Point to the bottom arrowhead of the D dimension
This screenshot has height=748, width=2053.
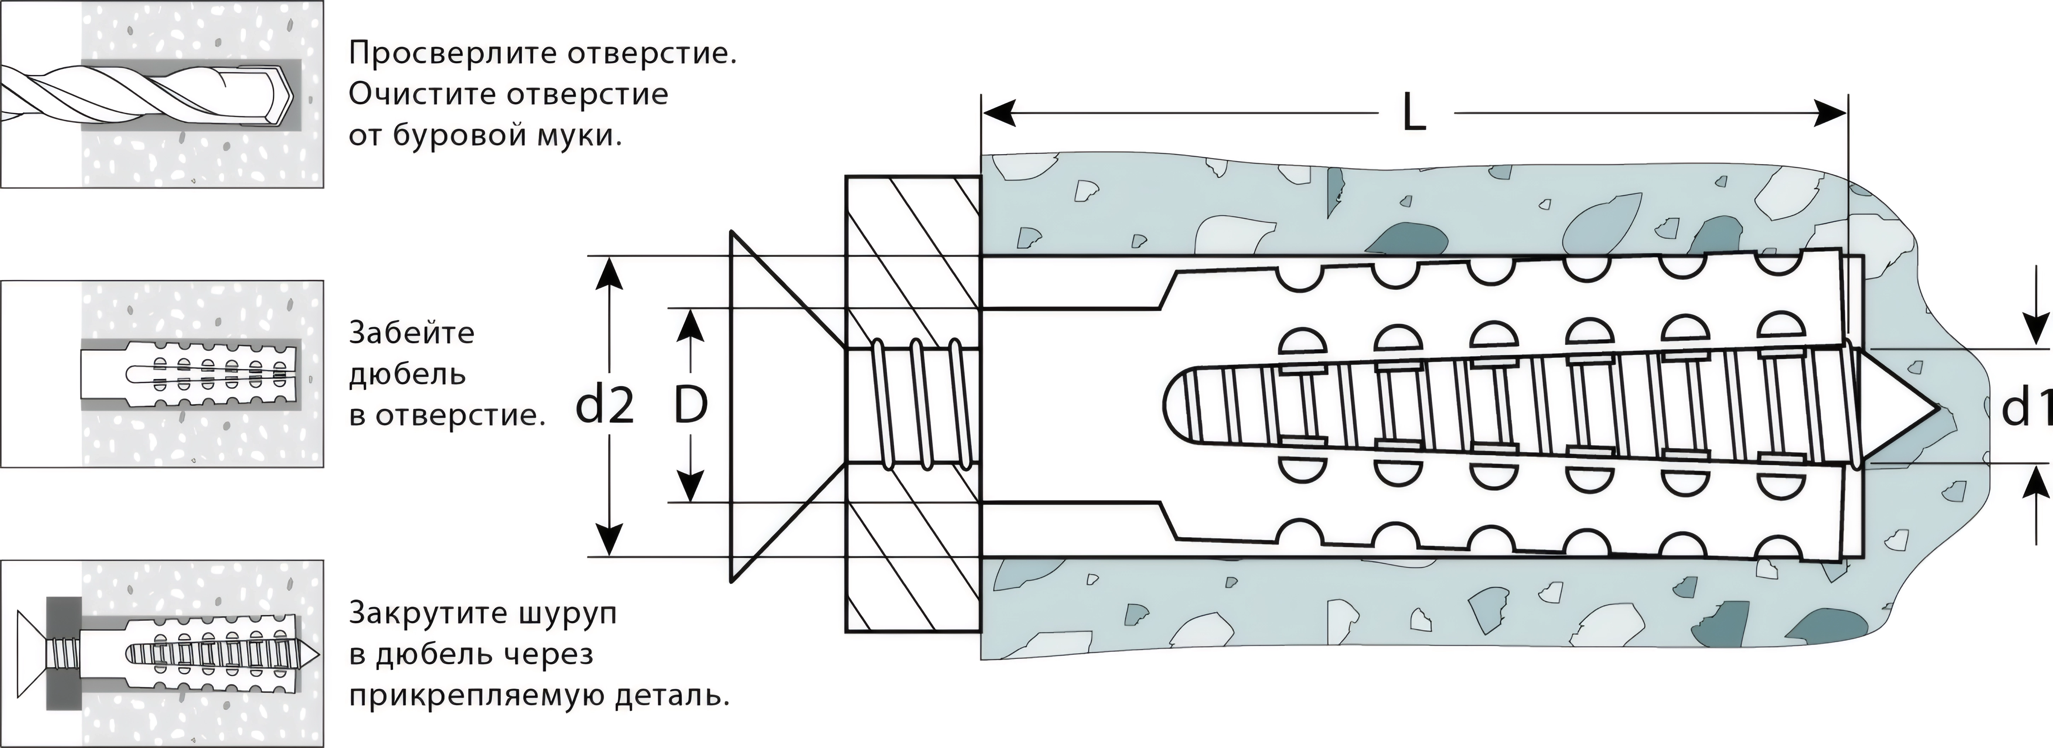[x=690, y=486]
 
